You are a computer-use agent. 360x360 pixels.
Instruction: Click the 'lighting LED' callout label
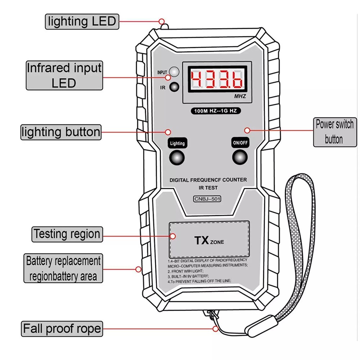(82, 21)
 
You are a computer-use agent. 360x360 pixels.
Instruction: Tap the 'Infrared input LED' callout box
(64, 75)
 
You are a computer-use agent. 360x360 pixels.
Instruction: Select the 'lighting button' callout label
(60, 132)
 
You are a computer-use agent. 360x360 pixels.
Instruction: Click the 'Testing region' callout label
(67, 234)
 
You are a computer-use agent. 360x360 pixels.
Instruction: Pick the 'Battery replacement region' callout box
(63, 269)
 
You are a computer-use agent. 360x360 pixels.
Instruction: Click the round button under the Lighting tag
(177, 157)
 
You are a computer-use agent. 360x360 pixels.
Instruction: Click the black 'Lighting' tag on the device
(177, 143)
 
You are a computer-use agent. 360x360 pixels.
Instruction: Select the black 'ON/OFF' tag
(240, 143)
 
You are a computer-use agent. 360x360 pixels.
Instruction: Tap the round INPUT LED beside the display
(174, 72)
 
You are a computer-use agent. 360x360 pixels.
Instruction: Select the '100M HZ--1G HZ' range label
(216, 111)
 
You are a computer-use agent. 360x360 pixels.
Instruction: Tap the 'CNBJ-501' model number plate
(207, 199)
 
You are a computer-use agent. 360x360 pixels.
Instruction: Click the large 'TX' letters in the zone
(202, 240)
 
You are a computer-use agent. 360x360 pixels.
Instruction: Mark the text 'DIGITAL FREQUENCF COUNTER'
(208, 180)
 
